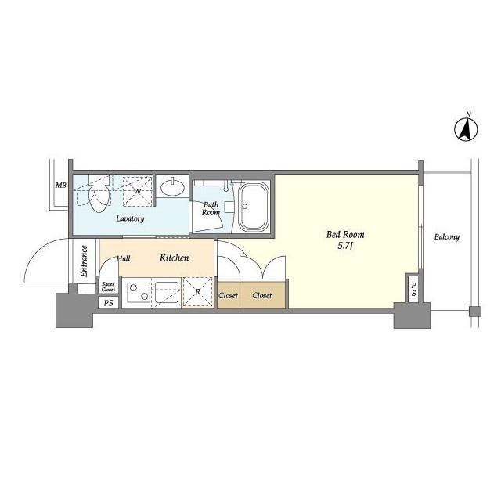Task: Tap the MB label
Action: coord(59,186)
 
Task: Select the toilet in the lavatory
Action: coord(98,195)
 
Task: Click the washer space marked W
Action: coord(136,190)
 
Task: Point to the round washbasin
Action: coord(172,188)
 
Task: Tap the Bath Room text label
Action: coord(211,208)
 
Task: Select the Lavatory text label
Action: coord(130,219)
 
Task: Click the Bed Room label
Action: coord(345,234)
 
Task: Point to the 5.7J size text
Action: coord(345,247)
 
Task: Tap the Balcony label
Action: coord(446,237)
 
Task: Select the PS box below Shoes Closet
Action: coord(108,302)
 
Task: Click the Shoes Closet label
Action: coord(108,287)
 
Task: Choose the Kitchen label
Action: coord(174,257)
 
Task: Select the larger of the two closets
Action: coord(262,296)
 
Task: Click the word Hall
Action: coord(124,258)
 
